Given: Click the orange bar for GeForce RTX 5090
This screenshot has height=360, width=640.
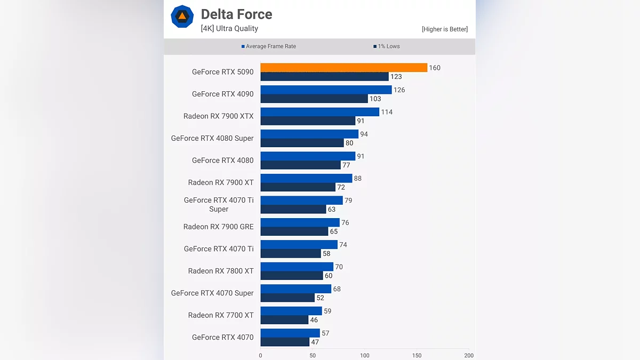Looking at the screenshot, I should point(343,68).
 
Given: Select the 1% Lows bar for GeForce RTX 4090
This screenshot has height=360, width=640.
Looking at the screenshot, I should point(314,99).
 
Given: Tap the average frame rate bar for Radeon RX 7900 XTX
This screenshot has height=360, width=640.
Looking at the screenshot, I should point(319,112).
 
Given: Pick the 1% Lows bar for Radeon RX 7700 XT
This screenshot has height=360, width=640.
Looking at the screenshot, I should point(284,320).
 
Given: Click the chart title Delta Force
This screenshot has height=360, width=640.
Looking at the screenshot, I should point(236,14).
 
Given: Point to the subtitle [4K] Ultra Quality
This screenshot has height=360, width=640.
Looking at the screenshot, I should point(229,29).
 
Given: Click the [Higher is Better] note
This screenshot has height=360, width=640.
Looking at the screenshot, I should point(444,29).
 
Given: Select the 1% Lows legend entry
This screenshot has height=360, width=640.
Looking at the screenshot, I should point(387,46).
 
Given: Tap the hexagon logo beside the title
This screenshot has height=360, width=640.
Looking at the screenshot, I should point(182,17).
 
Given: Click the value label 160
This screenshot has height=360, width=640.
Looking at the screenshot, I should point(435,68).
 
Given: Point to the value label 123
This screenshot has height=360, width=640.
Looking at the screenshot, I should point(396,77).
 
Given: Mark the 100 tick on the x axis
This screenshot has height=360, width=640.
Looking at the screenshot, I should point(365,355).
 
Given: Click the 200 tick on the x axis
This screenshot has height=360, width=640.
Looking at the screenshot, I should point(468,355).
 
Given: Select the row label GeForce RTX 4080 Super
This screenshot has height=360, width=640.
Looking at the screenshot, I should point(212,138).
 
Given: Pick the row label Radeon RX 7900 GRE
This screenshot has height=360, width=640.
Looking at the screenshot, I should point(218,227).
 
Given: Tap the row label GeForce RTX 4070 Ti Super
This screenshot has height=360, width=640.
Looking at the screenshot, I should point(219,204).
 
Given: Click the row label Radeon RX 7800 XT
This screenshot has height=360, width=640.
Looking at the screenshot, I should point(221,271).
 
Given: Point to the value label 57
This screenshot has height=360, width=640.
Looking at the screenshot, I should point(325,333).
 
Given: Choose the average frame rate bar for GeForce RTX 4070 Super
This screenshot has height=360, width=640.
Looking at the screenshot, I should point(295,289).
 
